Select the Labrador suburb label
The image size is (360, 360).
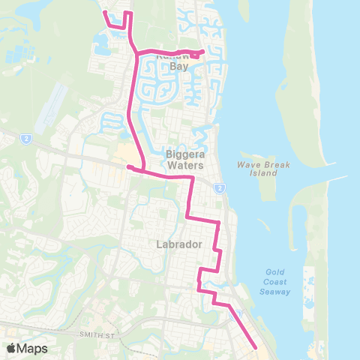pyautogui.click(x=177, y=244)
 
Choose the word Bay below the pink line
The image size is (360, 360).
pyautogui.click(x=178, y=66)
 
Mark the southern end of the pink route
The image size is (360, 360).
pyautogui.click(x=256, y=347)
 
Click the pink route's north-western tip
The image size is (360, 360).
pyautogui.click(x=104, y=12)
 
